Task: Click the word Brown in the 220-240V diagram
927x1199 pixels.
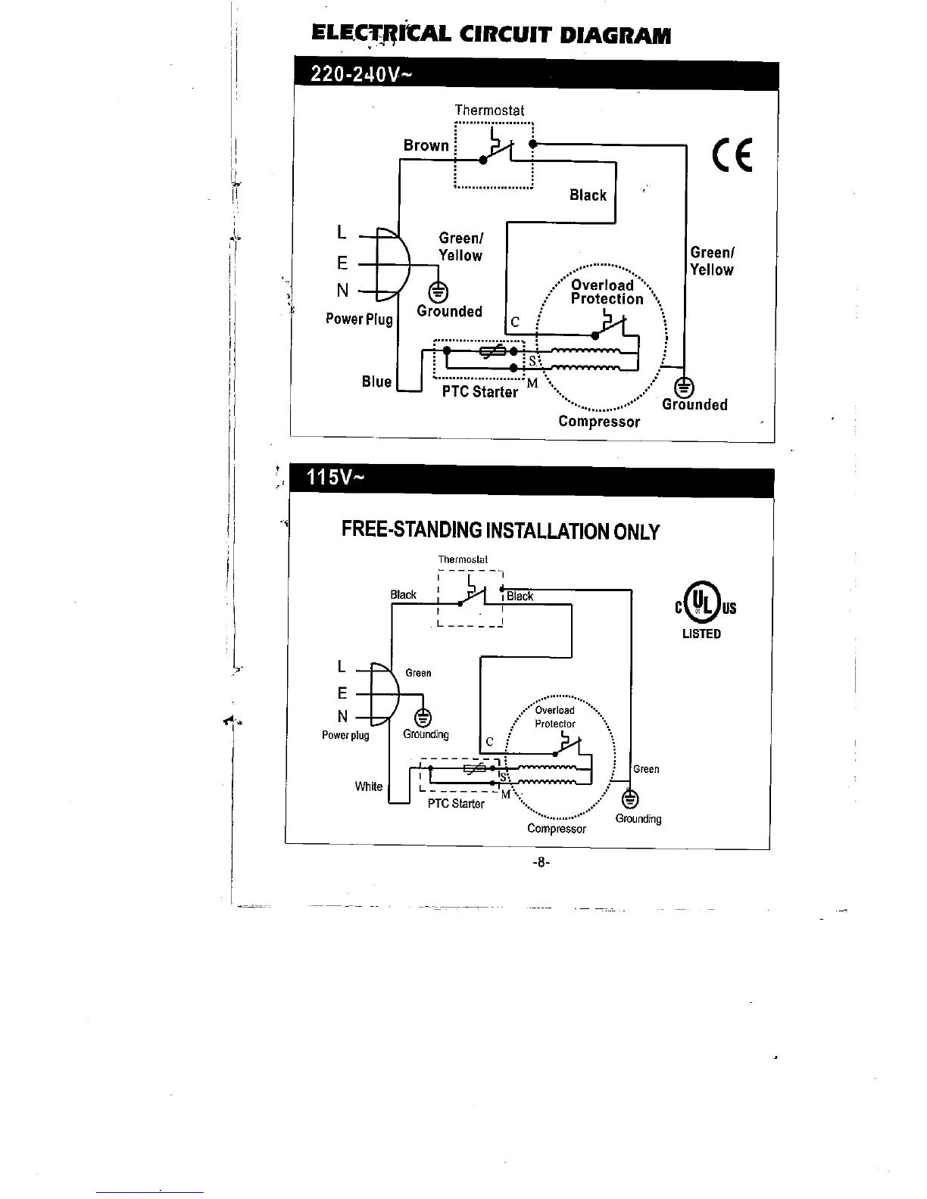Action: click(x=426, y=145)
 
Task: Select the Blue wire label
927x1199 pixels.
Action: click(x=376, y=381)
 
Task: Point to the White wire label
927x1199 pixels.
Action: click(x=369, y=786)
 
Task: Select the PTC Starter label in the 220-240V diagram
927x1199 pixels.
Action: click(x=480, y=392)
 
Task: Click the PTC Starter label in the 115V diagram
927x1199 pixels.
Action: click(x=456, y=804)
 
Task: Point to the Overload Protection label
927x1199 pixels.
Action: click(x=606, y=292)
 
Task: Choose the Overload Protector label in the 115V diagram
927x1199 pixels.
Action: click(x=555, y=717)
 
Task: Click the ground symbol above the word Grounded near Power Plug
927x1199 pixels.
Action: click(x=439, y=291)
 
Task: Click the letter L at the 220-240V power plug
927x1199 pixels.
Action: click(x=342, y=233)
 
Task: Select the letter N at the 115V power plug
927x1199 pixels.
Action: click(x=343, y=717)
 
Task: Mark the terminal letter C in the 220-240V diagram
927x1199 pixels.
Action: click(x=515, y=322)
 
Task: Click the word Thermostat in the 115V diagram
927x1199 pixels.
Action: click(x=463, y=559)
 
